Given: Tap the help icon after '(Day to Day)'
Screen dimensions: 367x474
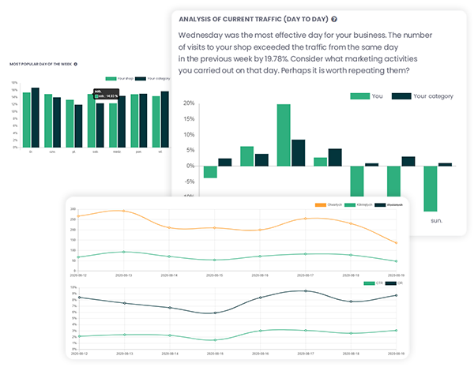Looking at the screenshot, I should click(x=334, y=18).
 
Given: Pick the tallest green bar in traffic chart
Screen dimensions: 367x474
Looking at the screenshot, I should click(x=283, y=135).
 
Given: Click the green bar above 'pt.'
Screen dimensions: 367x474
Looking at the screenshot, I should click(x=70, y=123).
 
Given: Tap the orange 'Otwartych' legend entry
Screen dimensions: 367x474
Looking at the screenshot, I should click(x=325, y=204).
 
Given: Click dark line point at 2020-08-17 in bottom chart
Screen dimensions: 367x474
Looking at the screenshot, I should click(x=307, y=291).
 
